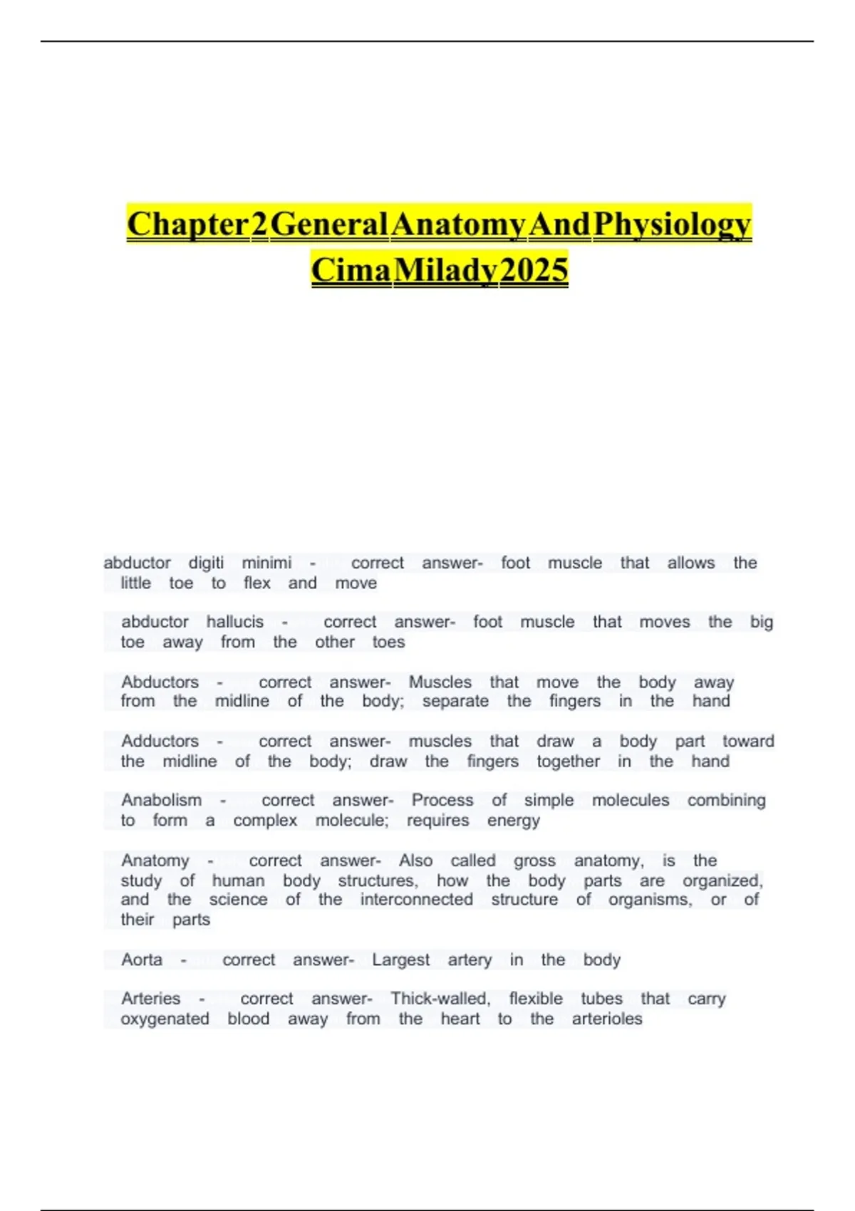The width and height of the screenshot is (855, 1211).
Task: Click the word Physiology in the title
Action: click(x=672, y=224)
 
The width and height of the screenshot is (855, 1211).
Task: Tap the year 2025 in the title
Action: click(x=534, y=270)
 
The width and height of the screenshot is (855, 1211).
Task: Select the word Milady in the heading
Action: click(x=445, y=270)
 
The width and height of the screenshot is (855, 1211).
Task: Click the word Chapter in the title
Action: click(x=187, y=224)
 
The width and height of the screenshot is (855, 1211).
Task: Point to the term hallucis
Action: click(x=235, y=622)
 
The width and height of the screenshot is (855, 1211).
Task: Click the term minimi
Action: click(x=266, y=563)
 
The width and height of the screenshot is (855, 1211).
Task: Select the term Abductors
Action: click(x=160, y=682)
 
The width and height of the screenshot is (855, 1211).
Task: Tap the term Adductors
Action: click(x=160, y=741)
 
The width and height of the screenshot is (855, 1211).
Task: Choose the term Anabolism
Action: click(x=161, y=800)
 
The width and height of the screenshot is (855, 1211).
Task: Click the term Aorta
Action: click(x=142, y=960)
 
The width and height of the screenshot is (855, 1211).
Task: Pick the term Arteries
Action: click(x=150, y=999)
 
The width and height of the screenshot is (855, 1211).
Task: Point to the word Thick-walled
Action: click(x=440, y=999)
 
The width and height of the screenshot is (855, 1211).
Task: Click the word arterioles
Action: click(x=607, y=1019)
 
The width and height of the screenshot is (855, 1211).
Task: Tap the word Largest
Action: click(x=400, y=960)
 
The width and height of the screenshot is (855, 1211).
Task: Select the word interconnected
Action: click(x=416, y=899)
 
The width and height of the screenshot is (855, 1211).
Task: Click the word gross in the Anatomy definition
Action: click(x=534, y=861)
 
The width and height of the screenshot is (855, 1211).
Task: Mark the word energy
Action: click(x=514, y=821)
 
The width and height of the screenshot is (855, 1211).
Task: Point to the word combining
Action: click(x=726, y=800)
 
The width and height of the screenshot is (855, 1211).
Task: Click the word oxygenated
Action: click(x=165, y=1019)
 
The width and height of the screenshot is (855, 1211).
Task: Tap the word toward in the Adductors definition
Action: click(x=748, y=741)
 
